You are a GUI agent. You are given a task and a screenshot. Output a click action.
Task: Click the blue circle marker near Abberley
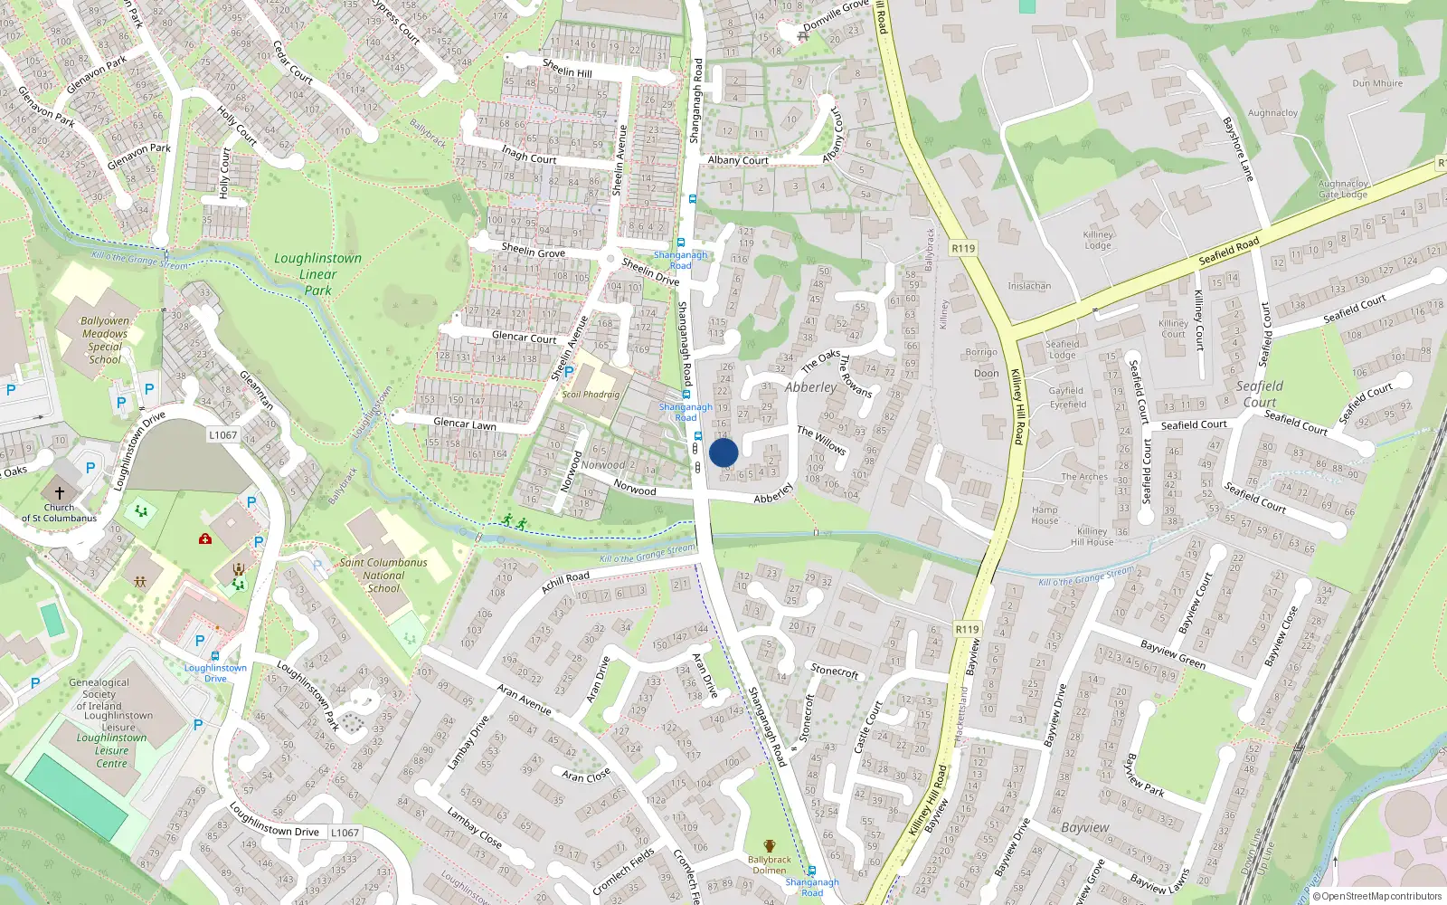723,452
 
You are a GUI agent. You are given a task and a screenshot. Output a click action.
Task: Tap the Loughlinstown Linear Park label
317,273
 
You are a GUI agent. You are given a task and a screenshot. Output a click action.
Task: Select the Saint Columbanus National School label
383,575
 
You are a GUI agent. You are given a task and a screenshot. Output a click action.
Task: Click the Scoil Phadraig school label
591,395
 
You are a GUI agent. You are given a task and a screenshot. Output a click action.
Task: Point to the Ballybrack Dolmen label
769,864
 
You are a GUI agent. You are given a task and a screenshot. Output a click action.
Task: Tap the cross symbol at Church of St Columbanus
60,493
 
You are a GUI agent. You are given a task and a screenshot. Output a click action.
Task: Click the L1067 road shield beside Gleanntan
223,435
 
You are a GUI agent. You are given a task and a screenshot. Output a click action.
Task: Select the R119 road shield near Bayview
967,629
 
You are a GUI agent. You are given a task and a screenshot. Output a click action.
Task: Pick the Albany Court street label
738,160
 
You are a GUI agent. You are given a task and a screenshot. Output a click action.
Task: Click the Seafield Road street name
1229,251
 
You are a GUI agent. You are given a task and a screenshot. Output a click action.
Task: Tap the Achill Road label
565,582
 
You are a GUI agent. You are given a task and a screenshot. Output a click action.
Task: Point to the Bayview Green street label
1173,654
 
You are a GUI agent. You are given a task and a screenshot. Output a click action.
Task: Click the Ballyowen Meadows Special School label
105,339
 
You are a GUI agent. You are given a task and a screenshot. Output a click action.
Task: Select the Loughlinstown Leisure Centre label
111,750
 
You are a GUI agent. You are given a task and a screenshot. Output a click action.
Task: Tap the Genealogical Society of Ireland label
99,694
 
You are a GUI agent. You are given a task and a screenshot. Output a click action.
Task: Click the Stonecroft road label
835,671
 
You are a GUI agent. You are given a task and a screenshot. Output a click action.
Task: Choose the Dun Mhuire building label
1377,83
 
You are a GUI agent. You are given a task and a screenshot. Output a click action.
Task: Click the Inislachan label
1029,286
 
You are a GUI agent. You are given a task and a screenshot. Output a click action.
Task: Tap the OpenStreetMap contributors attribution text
1381,896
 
